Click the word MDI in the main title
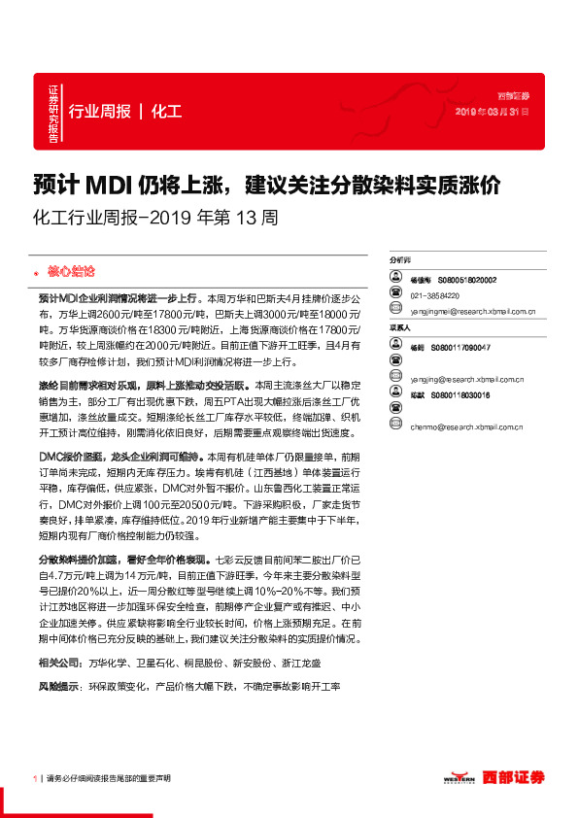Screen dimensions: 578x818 pyautogui.click(x=113, y=184)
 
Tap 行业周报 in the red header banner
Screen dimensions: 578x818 pyautogui.click(x=100, y=111)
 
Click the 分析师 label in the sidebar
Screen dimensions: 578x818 pyautogui.click(x=400, y=261)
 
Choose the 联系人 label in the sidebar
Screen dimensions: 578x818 pyautogui.click(x=400, y=329)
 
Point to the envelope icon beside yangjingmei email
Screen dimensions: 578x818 pyautogui.click(x=395, y=312)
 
